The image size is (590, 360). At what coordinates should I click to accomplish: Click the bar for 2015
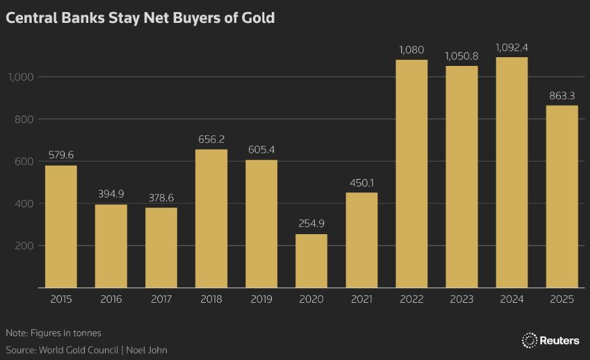coord(61,227)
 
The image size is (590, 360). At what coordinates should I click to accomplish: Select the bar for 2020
coord(311,261)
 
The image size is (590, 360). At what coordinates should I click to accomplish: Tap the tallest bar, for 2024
coord(512,173)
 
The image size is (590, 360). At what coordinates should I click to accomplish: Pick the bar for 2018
coord(211,219)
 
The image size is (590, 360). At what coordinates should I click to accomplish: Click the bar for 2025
coord(562,196)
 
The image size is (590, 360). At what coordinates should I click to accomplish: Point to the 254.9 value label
coord(311,224)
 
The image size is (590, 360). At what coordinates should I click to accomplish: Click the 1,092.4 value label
coord(512,47)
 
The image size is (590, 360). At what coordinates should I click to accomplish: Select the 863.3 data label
coord(562,96)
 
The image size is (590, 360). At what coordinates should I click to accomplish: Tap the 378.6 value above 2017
coord(161,198)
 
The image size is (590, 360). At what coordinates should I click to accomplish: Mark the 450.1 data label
coord(362,183)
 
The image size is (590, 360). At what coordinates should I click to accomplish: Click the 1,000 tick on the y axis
coord(20,77)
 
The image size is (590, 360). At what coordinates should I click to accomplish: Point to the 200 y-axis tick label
coord(25,246)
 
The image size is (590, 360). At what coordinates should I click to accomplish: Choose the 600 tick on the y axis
coord(25,161)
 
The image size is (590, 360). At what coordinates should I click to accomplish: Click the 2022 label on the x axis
coord(412,299)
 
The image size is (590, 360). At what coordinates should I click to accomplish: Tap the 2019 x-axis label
coord(261,299)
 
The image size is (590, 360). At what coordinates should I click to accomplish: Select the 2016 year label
coord(111,299)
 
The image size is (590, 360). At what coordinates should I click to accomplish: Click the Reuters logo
coord(550,340)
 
